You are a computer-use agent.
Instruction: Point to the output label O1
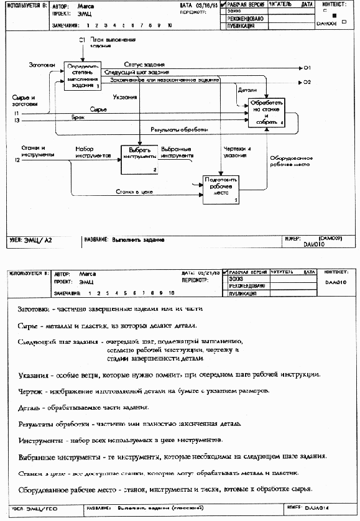(307, 67)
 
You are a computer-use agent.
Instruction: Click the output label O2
(307, 82)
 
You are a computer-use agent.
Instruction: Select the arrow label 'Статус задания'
(144, 65)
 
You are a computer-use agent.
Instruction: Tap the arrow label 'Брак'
(78, 117)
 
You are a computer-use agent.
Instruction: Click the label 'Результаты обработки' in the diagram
(179, 130)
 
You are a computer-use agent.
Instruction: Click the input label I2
(17, 160)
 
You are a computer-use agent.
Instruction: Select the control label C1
(81, 40)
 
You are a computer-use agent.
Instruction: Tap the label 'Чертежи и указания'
(236, 152)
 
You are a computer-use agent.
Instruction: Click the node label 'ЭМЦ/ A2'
(37, 239)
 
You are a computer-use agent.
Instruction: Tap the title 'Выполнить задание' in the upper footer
(137, 239)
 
